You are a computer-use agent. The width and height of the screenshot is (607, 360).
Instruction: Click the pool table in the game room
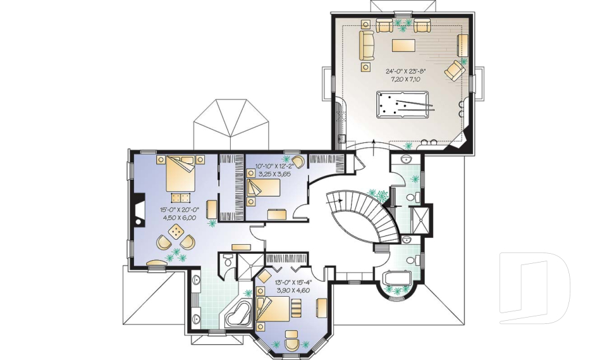(403, 104)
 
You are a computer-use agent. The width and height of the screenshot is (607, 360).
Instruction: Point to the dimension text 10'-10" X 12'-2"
(274, 166)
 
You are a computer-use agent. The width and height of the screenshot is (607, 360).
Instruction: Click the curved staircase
(364, 217)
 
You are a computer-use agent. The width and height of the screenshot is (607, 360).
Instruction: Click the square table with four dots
(176, 232)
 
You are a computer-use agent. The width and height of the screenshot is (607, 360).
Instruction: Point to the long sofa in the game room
(367, 46)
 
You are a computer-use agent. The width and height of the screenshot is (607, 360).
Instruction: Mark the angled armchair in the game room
(455, 70)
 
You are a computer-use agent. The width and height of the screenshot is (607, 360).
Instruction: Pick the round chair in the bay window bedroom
(291, 344)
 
